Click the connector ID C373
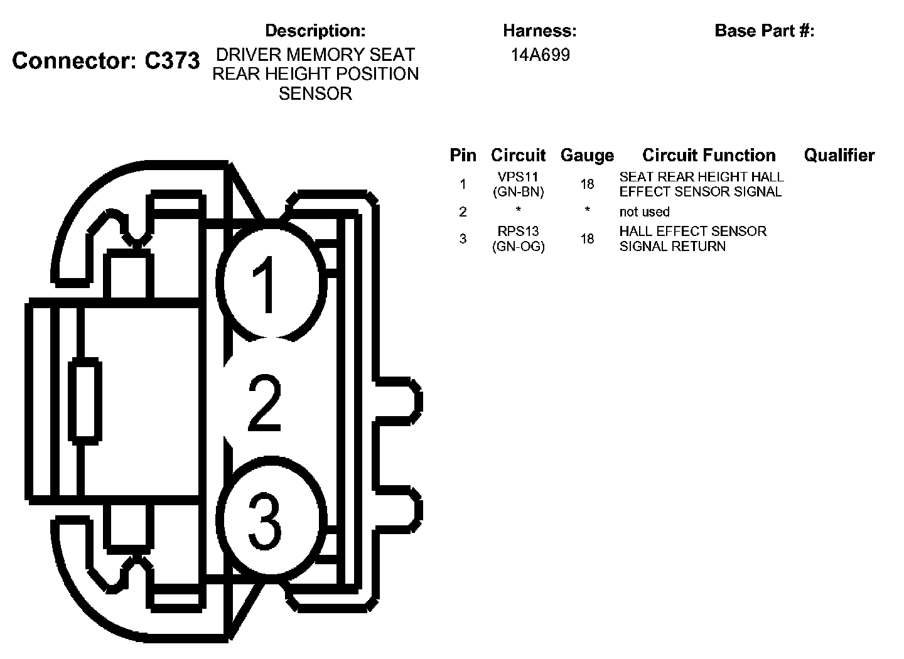coord(172,61)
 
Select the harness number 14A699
coord(540,55)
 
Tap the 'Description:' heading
coord(315,30)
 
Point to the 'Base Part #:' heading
coord(764,30)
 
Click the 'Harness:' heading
coord(539,30)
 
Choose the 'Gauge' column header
coord(587,155)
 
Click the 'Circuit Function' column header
coord(709,155)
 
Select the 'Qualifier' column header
coord(839,155)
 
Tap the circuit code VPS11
coord(518,177)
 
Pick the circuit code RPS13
coord(518,231)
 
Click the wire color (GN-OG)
coord(518,247)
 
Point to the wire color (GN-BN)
coord(518,192)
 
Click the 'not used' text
coord(644,212)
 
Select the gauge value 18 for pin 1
coord(587,185)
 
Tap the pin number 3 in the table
coord(463,238)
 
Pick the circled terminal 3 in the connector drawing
coord(271,521)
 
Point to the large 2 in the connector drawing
coord(264,404)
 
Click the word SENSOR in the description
coord(315,94)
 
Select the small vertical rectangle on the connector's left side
coord(84,400)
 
